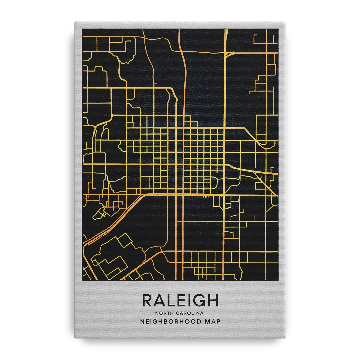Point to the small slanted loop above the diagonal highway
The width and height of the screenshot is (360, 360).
(100, 213)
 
